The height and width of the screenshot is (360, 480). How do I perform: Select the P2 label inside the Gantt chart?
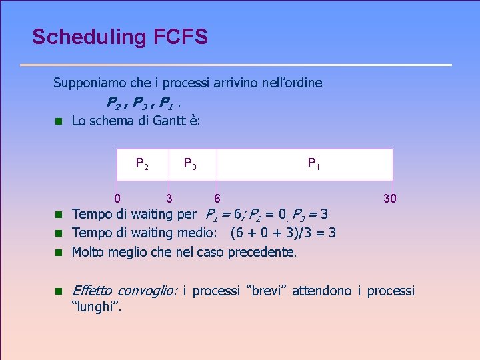click(x=142, y=163)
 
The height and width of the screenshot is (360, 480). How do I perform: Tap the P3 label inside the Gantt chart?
click(x=190, y=163)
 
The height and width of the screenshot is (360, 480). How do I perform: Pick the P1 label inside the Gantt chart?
click(x=313, y=163)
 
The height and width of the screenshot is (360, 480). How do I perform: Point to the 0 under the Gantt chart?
click(x=117, y=198)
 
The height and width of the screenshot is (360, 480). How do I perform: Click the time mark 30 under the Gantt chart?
click(x=390, y=198)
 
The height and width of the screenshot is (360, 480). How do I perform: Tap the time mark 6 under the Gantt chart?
click(x=217, y=198)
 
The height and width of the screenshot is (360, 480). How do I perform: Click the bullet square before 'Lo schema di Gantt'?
click(x=58, y=121)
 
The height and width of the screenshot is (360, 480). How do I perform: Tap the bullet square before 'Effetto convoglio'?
click(x=58, y=291)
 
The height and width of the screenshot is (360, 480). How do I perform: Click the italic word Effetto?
click(x=91, y=291)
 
